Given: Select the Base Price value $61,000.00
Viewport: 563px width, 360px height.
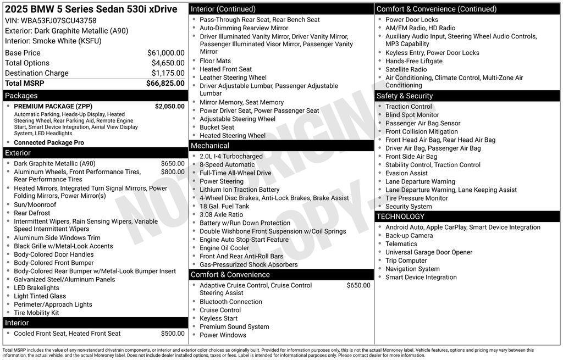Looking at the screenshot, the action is click(165, 53).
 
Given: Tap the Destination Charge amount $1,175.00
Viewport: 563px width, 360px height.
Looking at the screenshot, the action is click(168, 73).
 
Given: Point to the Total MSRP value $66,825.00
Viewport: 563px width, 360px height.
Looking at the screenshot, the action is click(165, 84).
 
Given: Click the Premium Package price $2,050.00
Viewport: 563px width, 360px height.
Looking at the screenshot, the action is click(169, 106).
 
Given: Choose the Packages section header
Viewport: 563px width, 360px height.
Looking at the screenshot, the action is click(21, 96).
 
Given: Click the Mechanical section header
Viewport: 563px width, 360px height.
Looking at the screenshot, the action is click(210, 146).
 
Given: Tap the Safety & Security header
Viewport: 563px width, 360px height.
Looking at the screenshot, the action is click(405, 96).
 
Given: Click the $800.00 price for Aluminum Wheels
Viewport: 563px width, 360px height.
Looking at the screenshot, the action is click(173, 172).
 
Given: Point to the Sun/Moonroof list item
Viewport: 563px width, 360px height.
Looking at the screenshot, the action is click(35, 204).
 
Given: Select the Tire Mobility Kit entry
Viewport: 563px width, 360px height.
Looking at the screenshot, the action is click(36, 313).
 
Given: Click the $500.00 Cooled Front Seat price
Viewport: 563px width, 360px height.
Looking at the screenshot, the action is click(173, 334).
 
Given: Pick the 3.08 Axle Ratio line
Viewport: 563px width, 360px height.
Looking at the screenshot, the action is click(221, 215).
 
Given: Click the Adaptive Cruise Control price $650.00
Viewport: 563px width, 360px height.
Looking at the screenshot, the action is click(358, 285).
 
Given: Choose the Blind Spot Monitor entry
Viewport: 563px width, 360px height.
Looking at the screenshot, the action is click(412, 115).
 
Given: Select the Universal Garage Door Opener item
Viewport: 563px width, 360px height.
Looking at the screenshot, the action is click(429, 252).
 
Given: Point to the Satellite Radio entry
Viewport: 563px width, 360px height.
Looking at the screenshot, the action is click(406, 69).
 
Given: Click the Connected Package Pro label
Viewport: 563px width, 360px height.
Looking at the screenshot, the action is click(49, 142).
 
